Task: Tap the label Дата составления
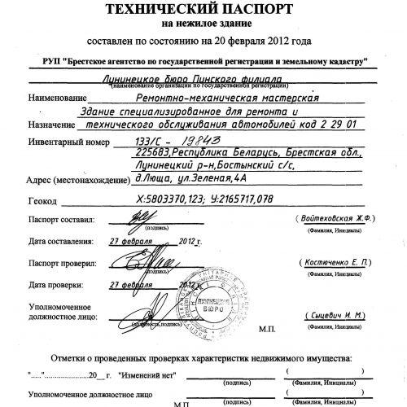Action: coord(62,242)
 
